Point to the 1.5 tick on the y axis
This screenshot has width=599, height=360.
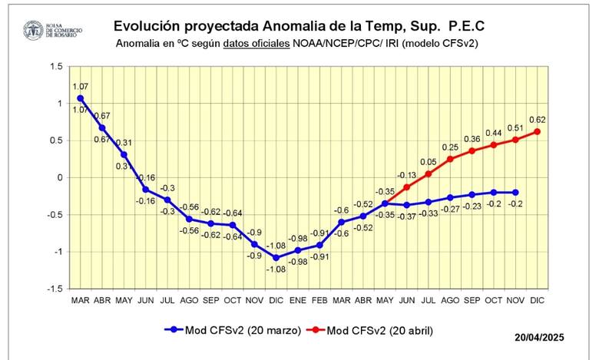pos(55,67)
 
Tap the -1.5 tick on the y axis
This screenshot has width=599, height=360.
pos(54,289)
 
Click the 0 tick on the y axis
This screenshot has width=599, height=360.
pos(59,178)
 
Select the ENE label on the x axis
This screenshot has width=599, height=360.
pos(297,299)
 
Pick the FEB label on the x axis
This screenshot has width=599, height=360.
pos(319,299)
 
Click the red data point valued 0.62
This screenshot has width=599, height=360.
pos(537,131)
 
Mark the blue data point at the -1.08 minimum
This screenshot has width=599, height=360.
pos(276,257)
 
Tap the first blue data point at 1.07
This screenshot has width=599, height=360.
pos(80,98)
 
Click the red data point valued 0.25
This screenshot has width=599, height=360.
pos(450,159)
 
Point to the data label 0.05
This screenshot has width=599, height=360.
pos(428,161)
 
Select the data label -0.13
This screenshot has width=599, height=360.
pos(406,175)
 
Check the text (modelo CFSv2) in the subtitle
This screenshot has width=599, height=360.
pos(442,44)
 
